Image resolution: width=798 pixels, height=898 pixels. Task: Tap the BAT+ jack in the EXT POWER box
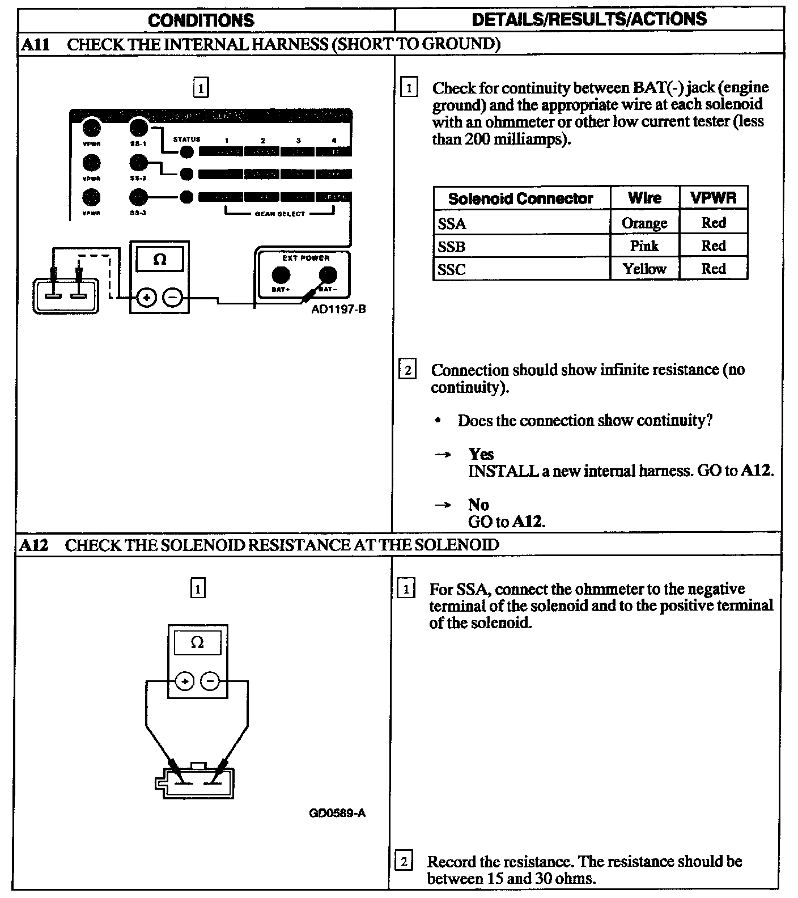point(281,276)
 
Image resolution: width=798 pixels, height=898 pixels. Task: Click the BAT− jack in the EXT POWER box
point(328,276)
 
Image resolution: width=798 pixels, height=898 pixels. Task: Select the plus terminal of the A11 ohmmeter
point(146,297)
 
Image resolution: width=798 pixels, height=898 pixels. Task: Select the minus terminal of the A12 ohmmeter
point(210,681)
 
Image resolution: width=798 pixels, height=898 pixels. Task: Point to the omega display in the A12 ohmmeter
point(197,643)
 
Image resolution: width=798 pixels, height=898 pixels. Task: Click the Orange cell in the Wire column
point(644,223)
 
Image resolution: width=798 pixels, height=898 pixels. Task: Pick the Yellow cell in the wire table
point(644,269)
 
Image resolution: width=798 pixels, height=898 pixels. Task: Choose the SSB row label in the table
point(452,247)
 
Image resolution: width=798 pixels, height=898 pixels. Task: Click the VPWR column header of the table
point(713,198)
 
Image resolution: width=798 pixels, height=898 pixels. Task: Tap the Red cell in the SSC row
point(713,269)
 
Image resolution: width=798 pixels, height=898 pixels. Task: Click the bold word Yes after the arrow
point(481,454)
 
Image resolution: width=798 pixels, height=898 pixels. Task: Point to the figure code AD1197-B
point(338,310)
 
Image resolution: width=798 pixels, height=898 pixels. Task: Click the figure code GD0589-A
point(337,813)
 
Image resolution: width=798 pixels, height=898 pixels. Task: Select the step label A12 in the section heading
point(34,545)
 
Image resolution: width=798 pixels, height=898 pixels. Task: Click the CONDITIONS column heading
point(201,20)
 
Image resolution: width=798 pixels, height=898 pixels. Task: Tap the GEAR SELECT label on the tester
point(280,214)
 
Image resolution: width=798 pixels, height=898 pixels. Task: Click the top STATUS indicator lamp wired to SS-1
point(186,152)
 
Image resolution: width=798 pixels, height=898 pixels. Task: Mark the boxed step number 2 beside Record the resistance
point(403,862)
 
